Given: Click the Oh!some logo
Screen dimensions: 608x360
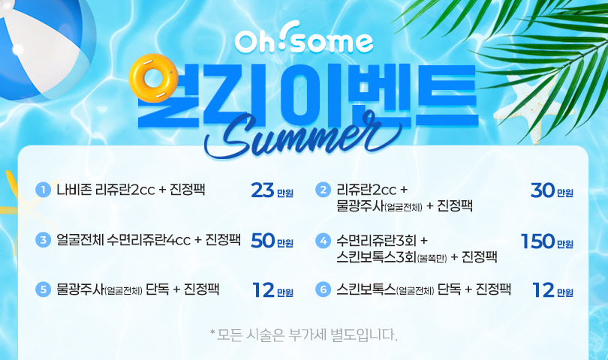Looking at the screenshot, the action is click(303, 38).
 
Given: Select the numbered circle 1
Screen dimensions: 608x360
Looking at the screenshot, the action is click(43, 190).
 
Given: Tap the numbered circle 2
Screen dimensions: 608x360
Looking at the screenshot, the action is click(323, 190).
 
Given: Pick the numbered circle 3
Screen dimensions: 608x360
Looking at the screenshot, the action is click(43, 240).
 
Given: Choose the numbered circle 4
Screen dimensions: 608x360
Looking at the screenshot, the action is click(323, 241).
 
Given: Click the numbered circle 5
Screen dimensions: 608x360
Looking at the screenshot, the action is click(43, 289).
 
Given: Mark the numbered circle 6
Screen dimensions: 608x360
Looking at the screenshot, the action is click(323, 289).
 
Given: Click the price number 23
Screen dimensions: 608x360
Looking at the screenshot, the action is click(263, 190).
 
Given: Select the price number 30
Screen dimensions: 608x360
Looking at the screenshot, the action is click(543, 190).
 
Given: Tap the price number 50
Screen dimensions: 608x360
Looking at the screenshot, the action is click(263, 241).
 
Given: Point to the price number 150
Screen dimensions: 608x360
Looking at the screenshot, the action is click(537, 241).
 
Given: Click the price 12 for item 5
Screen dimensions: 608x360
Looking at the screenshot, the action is click(263, 290).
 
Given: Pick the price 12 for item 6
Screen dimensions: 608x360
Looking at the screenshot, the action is click(543, 290).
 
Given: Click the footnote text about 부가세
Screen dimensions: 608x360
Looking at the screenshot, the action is click(303, 335).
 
